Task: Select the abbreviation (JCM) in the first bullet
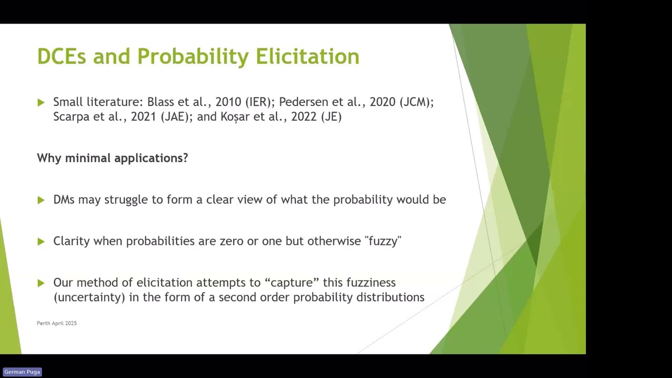coord(416,102)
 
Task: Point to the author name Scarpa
coord(71,117)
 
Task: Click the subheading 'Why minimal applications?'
coord(112,158)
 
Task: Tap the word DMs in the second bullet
coord(64,199)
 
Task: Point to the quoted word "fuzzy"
coord(383,241)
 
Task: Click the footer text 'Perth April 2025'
coord(57,323)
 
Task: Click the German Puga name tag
coord(22,372)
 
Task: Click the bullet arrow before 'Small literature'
coord(41,102)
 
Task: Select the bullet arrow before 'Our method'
coord(41,283)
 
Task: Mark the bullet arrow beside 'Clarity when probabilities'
coord(41,241)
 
